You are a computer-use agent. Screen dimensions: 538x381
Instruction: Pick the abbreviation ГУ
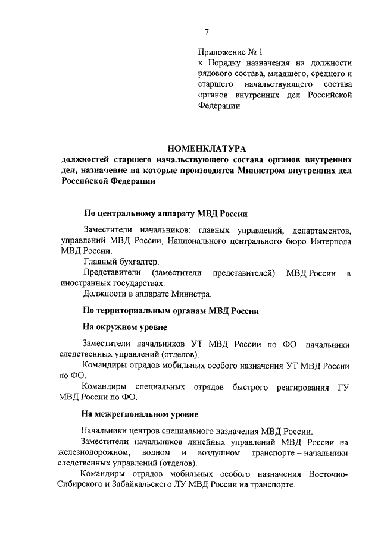343,387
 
